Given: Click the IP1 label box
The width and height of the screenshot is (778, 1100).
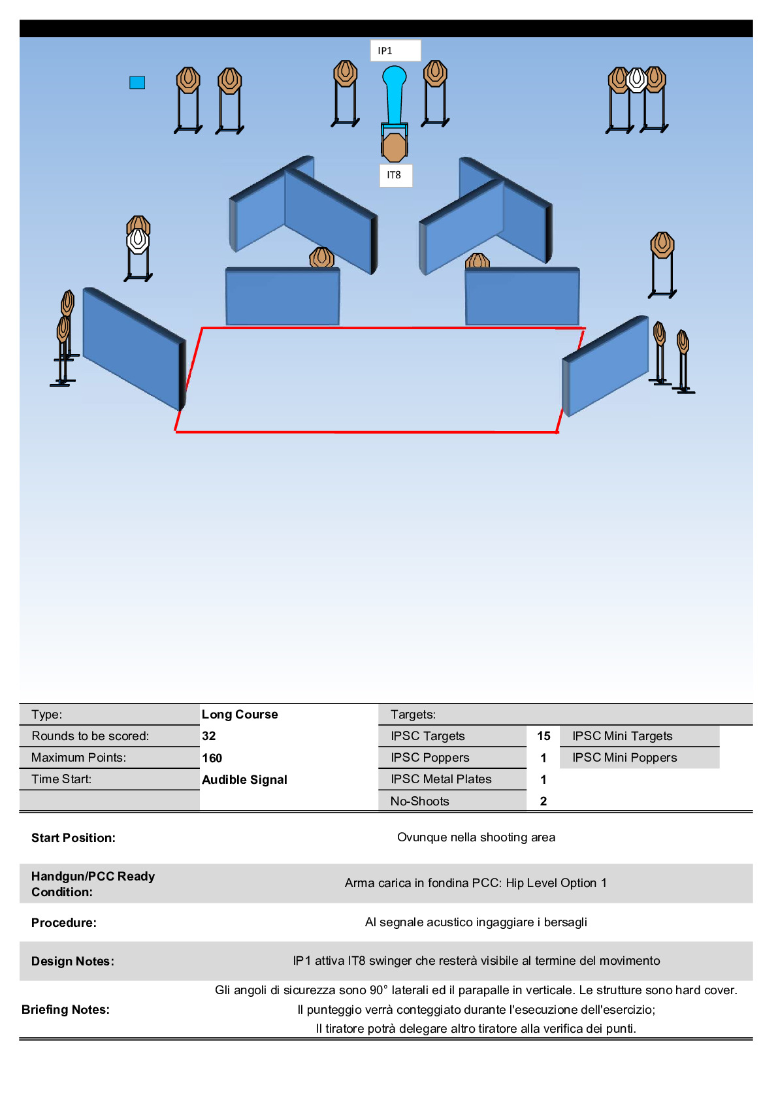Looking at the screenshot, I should tap(395, 51).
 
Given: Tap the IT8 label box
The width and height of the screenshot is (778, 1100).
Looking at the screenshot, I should tap(396, 175).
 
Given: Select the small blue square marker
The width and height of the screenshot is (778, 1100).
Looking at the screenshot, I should tap(137, 82).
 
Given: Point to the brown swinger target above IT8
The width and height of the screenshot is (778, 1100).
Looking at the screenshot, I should tap(394, 148).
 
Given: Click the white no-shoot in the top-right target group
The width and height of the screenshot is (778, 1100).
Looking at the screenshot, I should tap(636, 80).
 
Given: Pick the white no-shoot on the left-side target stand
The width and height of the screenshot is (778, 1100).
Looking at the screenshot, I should tap(137, 240).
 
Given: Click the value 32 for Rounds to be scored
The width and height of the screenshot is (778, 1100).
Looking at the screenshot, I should tap(209, 736).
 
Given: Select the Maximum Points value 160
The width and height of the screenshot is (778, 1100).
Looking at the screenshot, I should tap(212, 758).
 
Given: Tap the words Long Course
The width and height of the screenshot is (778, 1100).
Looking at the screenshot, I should tap(240, 715).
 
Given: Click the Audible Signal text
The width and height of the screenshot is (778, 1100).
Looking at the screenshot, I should tap(244, 779).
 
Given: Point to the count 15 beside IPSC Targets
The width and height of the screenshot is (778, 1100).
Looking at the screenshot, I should tap(543, 736).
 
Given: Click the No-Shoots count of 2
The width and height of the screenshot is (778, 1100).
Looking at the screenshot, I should tap(543, 801).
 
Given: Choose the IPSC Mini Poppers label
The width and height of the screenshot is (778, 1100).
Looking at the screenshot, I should tap(624, 758).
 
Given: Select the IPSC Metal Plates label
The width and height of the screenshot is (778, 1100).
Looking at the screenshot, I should tap(441, 779).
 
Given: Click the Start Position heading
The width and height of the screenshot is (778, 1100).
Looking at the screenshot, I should tap(73, 838).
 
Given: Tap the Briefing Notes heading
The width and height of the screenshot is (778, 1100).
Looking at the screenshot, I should tap(65, 1010).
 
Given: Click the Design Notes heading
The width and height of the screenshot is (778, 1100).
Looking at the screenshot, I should tap(73, 962).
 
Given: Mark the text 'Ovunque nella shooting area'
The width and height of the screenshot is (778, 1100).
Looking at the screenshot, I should tap(476, 837).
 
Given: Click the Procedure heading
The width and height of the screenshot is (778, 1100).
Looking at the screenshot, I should tap(64, 923).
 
